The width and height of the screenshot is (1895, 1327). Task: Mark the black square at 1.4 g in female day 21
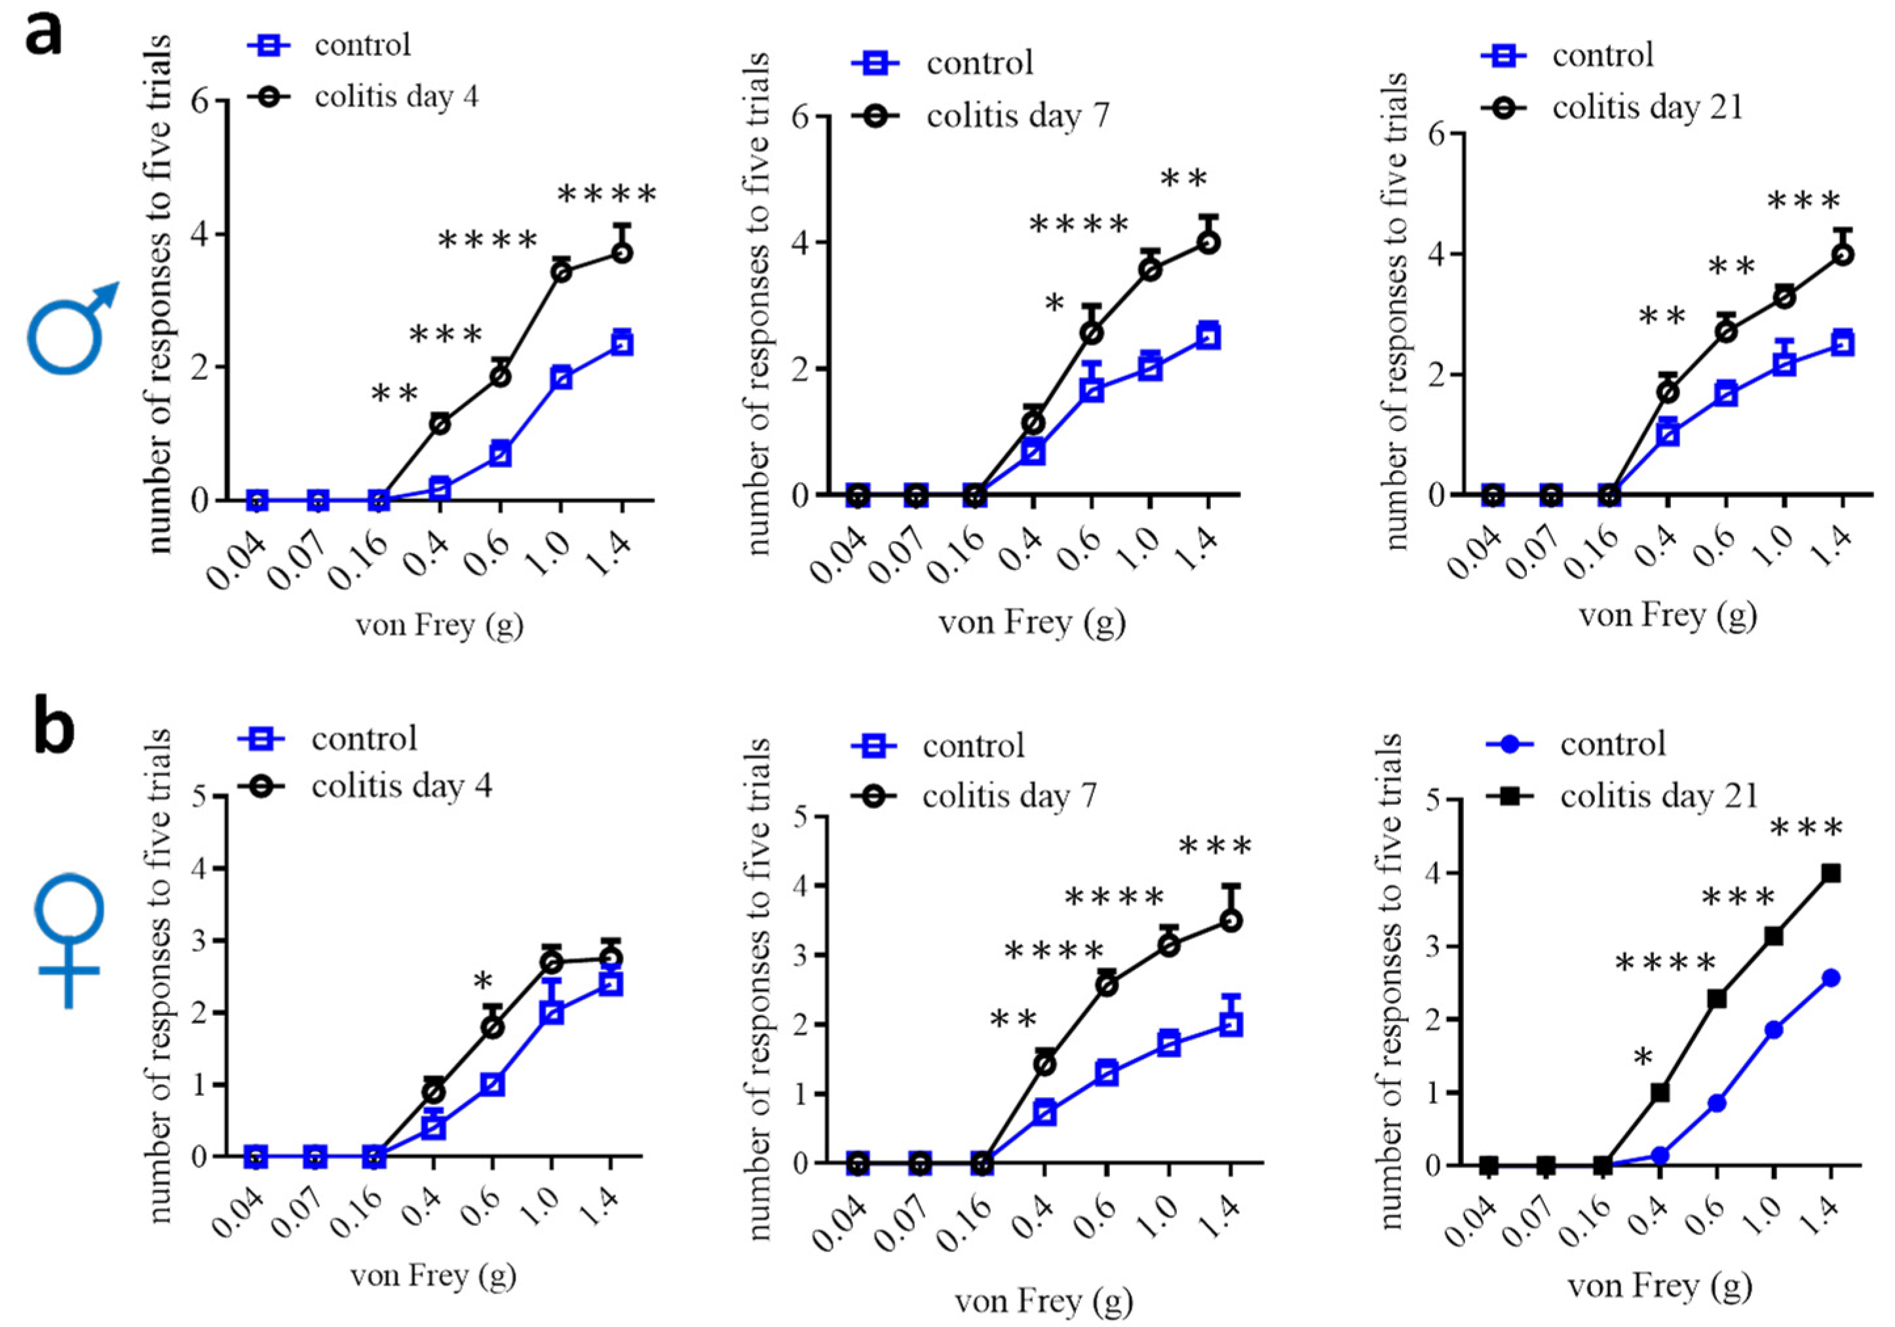click(x=1831, y=874)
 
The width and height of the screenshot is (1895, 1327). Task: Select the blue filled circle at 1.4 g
click(x=1831, y=979)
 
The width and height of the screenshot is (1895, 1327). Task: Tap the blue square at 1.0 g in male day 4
click(x=562, y=378)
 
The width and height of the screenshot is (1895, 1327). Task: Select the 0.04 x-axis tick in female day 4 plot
click(x=241, y=1213)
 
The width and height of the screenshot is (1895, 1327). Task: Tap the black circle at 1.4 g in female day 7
click(x=1231, y=921)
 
